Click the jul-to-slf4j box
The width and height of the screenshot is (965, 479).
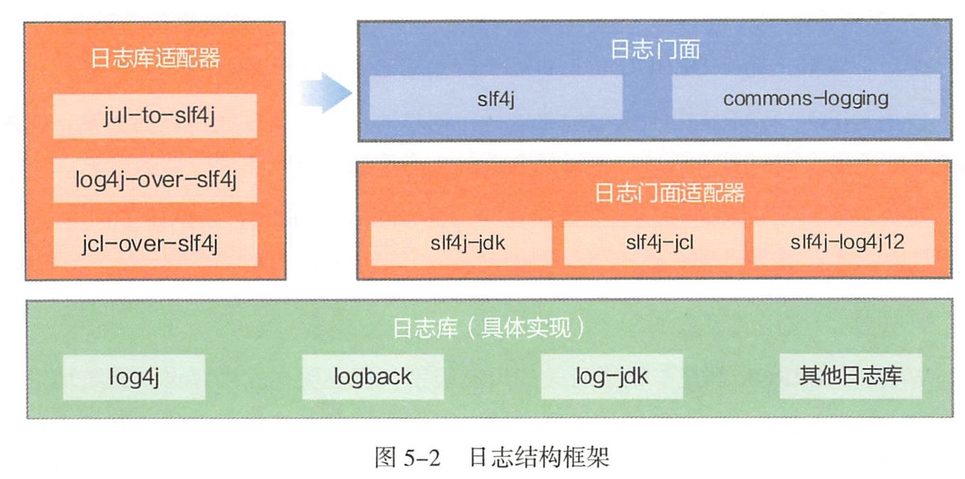coord(155,116)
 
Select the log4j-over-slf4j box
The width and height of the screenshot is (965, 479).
coord(155,180)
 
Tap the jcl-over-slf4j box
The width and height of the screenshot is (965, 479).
coord(155,244)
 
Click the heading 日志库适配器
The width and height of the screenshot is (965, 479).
coord(155,58)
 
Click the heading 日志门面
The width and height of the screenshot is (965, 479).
coord(655,50)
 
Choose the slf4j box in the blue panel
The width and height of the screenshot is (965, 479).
coord(496,97)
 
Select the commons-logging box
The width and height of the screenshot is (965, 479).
coord(806,97)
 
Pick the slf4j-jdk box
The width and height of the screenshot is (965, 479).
coord(462,242)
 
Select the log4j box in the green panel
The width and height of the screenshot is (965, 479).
coord(134,377)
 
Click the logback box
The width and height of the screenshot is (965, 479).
coord(372,377)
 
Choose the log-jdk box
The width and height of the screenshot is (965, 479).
coord(612,377)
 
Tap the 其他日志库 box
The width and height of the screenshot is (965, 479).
coord(850,377)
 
